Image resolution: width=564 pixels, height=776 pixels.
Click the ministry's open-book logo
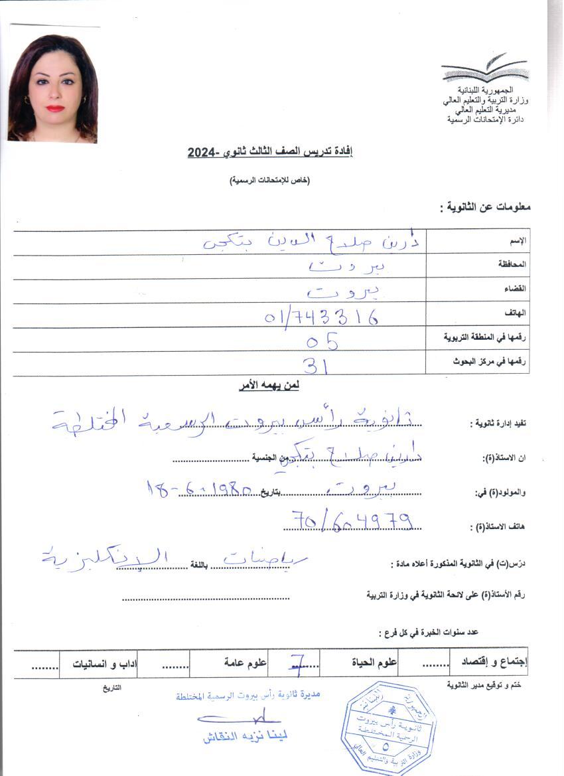484,69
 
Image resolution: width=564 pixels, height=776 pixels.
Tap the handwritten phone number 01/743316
322,317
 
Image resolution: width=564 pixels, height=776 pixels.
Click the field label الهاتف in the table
516,313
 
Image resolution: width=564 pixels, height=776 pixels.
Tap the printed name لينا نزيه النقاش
246,736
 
